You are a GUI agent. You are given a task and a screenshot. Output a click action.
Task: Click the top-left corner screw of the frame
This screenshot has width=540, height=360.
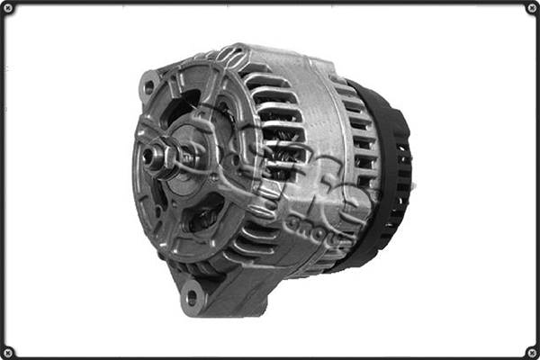(9, 9)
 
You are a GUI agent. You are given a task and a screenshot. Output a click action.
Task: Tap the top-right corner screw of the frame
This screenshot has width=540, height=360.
(531, 9)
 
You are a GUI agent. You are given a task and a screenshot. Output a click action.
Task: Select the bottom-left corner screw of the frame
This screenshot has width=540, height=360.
(9, 351)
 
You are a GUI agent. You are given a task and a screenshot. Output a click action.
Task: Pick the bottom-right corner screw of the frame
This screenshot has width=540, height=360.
(531, 351)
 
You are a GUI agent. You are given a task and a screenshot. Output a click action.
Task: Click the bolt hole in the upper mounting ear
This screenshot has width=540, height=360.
(148, 86)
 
